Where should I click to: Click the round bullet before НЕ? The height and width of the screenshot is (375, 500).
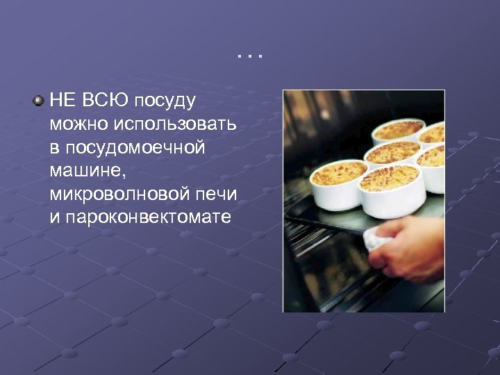[x=38, y=101]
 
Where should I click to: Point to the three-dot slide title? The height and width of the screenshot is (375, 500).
[x=250, y=54]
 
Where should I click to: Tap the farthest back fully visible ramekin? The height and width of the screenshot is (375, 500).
[x=397, y=132]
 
